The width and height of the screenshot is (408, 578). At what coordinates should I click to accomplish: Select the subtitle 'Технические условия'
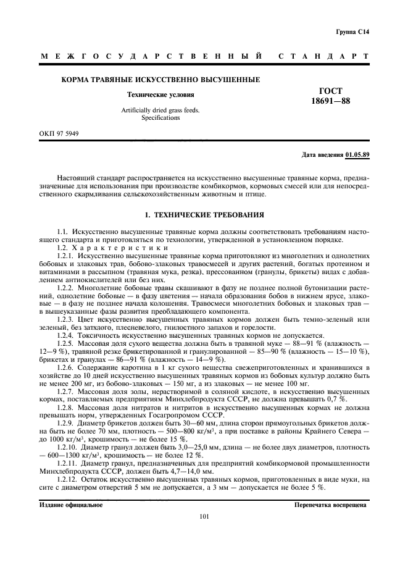pos(160,95)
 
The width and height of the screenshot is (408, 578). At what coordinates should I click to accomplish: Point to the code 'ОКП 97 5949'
pos(57,133)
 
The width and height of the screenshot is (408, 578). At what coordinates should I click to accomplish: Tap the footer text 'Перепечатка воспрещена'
pos(331,505)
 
